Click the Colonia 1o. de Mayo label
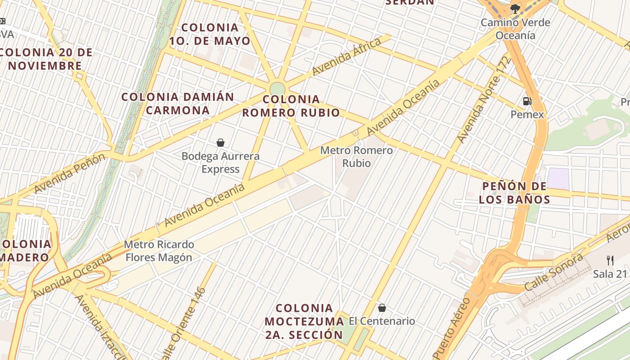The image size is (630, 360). click(x=210, y=34)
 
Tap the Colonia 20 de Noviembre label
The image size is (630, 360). click(x=45, y=59)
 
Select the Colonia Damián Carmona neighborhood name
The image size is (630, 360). click(x=178, y=103)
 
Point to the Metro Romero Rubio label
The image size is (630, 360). click(x=356, y=157)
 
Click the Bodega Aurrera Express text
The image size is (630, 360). click(x=220, y=162)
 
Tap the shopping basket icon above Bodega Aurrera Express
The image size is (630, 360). click(x=220, y=143)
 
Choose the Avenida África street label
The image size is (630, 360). click(x=346, y=56)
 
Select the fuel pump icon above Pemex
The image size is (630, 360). click(x=527, y=101)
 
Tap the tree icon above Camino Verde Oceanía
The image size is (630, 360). click(x=515, y=9)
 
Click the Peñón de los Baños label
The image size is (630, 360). click(x=514, y=193)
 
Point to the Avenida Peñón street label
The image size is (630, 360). click(x=69, y=173)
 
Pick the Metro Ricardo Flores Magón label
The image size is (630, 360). click(x=159, y=251)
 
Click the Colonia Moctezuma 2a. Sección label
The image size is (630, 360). click(x=304, y=321)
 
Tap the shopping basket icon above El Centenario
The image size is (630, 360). click(x=382, y=308)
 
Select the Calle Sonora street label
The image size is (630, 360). click(x=553, y=272)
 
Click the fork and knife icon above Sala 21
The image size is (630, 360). click(x=610, y=260)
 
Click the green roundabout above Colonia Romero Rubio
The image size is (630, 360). click(x=278, y=89)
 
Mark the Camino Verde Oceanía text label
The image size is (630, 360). click(x=515, y=29)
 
